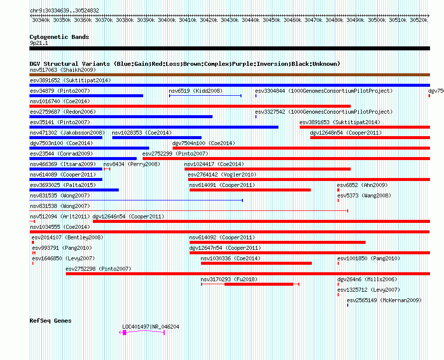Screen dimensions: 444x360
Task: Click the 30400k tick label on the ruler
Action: point(167,20)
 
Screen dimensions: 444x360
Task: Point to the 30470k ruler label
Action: point(313,20)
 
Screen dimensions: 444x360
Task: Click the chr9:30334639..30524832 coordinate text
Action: point(64,11)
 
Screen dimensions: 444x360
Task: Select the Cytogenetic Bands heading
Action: point(59,37)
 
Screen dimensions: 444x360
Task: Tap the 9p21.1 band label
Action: point(39,43)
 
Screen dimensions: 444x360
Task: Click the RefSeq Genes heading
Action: point(51,321)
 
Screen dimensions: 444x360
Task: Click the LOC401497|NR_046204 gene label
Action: point(151,327)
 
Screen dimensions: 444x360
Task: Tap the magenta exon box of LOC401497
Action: point(124,333)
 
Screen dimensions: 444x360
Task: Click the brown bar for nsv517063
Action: point(229,75)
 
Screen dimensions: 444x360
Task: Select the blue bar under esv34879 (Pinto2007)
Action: point(86,96)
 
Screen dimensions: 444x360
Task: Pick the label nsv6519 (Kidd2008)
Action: point(196,91)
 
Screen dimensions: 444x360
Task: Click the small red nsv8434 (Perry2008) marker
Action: point(107,169)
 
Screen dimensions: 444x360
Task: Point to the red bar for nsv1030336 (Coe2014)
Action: point(256,263)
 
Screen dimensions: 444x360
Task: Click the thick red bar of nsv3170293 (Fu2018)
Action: point(259,284)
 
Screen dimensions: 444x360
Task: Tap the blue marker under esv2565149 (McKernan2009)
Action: point(348,305)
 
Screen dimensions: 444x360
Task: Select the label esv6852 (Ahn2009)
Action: point(363,185)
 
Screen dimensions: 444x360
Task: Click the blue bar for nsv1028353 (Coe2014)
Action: point(157,138)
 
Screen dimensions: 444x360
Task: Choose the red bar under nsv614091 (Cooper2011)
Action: point(250,190)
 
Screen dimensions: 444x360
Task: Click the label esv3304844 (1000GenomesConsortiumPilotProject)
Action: point(324,91)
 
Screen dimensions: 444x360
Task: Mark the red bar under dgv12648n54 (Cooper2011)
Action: point(370,138)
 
